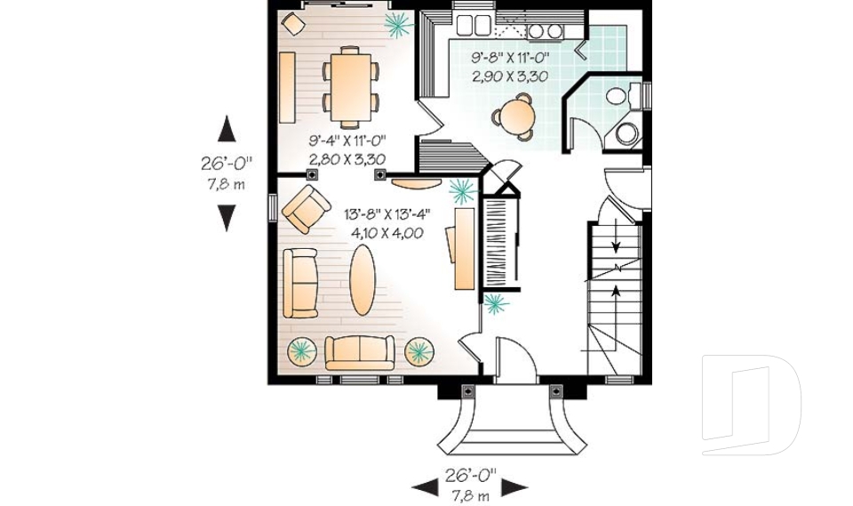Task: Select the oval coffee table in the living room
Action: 362,279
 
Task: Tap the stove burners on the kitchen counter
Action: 544,31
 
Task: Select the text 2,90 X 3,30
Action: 509,76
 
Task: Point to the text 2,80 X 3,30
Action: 347,159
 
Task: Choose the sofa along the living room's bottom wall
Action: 358,352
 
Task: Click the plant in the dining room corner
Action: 397,25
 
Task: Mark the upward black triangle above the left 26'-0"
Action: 227,129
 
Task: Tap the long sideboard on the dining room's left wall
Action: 287,87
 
